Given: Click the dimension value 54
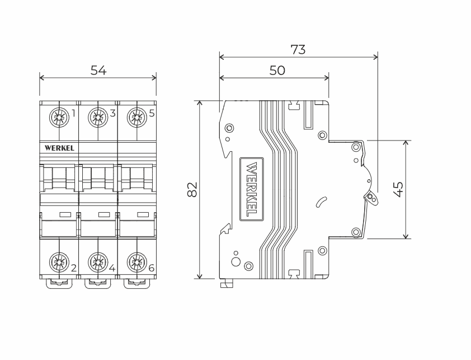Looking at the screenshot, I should [98, 71].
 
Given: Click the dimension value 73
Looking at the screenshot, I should [298, 49].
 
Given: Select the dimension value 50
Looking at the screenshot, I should [277, 70].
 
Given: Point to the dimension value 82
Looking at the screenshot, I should [192, 190].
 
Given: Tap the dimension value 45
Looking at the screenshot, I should [398, 189].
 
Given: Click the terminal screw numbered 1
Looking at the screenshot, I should [58, 117].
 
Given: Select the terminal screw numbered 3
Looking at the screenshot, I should [97, 117].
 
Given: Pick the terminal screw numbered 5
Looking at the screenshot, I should [136, 117].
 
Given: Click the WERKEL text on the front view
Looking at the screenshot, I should [59, 148].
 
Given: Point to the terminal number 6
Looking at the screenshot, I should [151, 268].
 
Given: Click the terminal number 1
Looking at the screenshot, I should [73, 113].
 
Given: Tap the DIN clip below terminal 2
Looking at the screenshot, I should [58, 283].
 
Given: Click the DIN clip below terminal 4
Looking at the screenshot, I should [97, 283].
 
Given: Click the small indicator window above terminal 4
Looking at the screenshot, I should [103, 214].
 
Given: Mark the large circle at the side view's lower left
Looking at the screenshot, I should [235, 262].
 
